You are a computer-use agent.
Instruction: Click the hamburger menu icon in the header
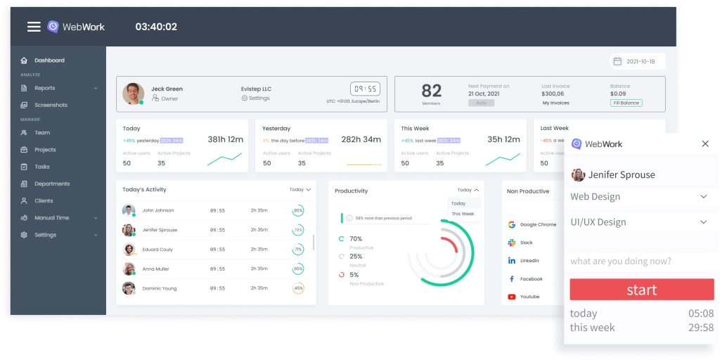(x=34, y=27)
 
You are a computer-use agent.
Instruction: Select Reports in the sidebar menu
(x=44, y=88)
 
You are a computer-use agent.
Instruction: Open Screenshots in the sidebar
(x=51, y=105)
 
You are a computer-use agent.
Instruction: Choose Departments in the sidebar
(x=52, y=184)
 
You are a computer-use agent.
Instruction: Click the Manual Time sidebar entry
(x=51, y=218)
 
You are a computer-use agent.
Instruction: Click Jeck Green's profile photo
(x=133, y=94)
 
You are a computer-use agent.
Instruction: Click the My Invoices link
(x=555, y=103)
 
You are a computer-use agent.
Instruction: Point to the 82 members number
(x=431, y=91)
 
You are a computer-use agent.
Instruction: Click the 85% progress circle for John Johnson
(x=298, y=210)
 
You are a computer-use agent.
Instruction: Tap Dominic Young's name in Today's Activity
(x=160, y=288)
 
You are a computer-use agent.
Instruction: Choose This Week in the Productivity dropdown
(x=463, y=214)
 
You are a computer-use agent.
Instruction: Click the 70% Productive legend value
(x=356, y=239)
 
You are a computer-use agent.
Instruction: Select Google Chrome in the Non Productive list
(x=538, y=225)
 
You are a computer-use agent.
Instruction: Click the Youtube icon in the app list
(x=512, y=297)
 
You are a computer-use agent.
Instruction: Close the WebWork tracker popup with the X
(x=705, y=143)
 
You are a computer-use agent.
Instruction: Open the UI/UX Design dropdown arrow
(x=704, y=222)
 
